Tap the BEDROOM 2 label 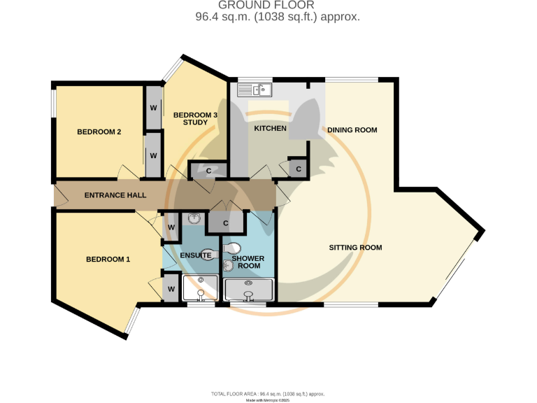point(99,132)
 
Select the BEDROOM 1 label point(108,260)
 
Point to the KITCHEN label point(270,129)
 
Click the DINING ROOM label point(352,130)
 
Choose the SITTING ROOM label point(355,248)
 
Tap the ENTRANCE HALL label point(115,195)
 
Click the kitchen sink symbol point(255,90)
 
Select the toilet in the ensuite point(208,255)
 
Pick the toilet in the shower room point(234,248)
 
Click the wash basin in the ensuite point(193,219)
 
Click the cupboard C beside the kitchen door point(299,169)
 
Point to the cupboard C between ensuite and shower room point(225,224)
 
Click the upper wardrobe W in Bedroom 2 point(153,108)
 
